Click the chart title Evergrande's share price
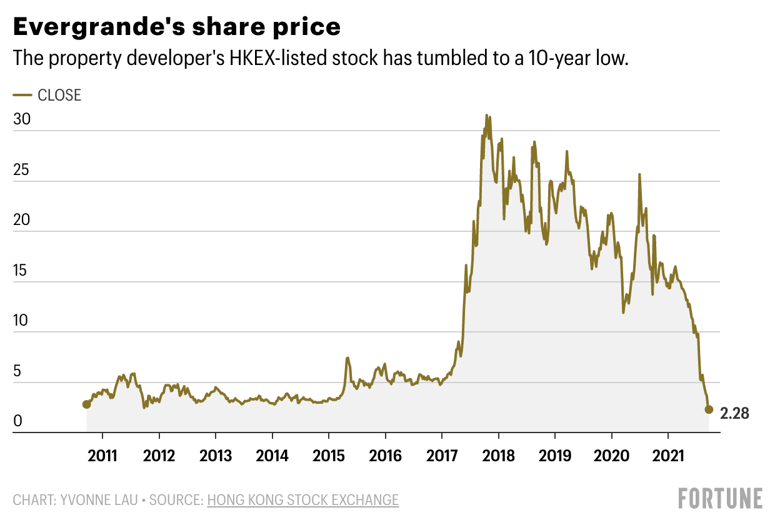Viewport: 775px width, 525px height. (x=177, y=27)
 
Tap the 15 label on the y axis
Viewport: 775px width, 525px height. (x=22, y=271)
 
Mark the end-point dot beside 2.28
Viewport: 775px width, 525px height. (x=709, y=409)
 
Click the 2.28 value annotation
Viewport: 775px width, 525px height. (x=734, y=413)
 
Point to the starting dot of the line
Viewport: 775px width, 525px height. (x=86, y=404)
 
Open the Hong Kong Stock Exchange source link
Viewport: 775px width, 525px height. (x=302, y=500)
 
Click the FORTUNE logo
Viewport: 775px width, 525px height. (x=721, y=498)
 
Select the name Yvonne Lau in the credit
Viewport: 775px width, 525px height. (x=94, y=500)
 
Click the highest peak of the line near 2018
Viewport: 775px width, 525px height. (x=487, y=116)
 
